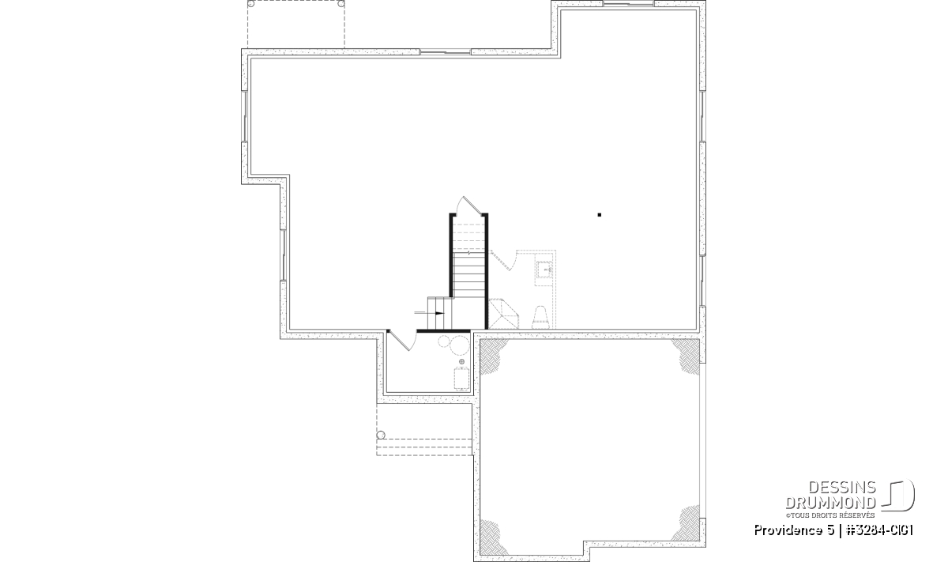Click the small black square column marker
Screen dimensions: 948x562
click(x=600, y=215)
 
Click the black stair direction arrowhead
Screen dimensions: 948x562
click(x=440, y=313)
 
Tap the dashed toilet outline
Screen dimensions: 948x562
click(x=541, y=317)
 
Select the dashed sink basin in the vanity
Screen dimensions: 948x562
click(x=544, y=269)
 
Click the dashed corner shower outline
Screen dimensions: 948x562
click(x=504, y=314)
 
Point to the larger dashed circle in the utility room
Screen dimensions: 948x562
click(x=459, y=345)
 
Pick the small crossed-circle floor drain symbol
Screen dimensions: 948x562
click(x=461, y=362)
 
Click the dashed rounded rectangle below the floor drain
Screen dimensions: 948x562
click(x=461, y=379)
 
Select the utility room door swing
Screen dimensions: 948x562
click(x=399, y=341)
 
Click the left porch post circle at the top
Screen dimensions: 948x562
click(x=251, y=4)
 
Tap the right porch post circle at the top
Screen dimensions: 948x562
click(x=340, y=4)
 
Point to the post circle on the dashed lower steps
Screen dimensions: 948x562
click(x=381, y=435)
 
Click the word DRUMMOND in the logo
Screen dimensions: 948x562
click(x=831, y=503)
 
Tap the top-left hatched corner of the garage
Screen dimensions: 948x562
click(x=492, y=355)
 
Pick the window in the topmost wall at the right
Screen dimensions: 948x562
click(x=629, y=4)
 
